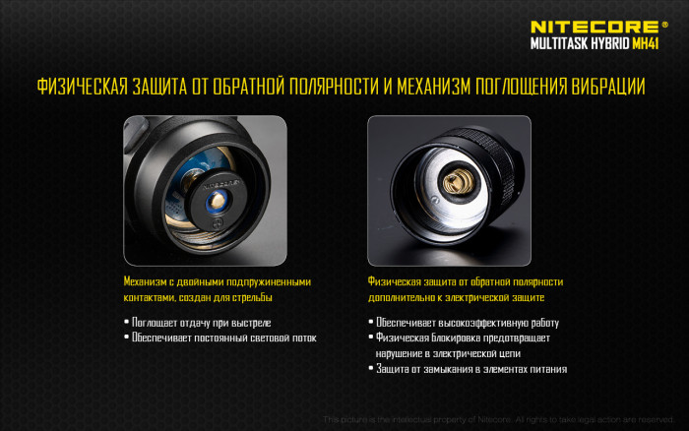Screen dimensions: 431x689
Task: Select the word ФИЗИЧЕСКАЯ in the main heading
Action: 82,87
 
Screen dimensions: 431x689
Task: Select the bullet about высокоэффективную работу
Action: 468,322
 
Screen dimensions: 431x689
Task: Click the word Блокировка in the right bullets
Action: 449,338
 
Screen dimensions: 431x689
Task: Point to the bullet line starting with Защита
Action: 471,369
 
